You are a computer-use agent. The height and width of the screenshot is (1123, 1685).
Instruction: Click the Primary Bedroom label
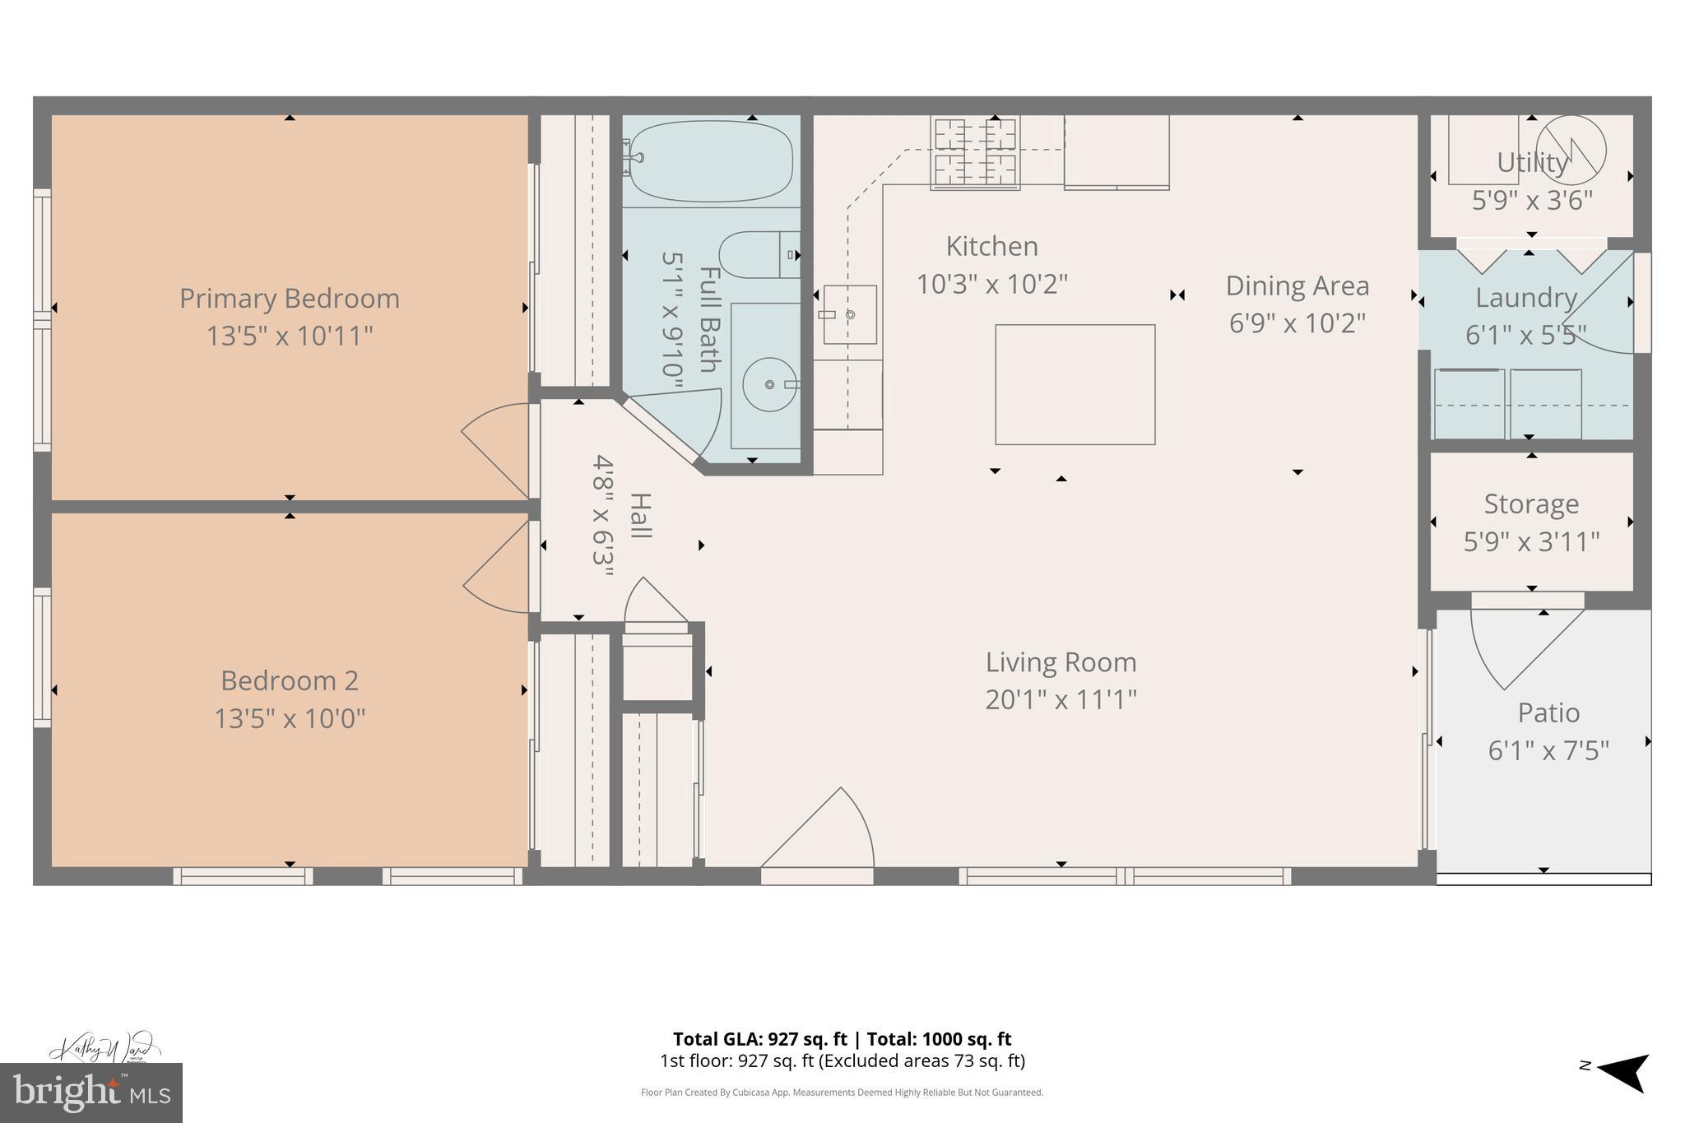(x=290, y=299)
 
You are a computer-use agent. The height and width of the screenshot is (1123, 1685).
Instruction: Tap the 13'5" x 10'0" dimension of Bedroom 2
(x=290, y=719)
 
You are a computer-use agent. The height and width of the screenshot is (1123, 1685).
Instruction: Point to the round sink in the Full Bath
(x=770, y=384)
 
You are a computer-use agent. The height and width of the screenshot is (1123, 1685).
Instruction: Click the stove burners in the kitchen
(x=975, y=152)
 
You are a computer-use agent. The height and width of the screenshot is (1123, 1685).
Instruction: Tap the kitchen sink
(x=849, y=314)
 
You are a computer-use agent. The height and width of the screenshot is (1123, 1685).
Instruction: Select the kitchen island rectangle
(x=1075, y=384)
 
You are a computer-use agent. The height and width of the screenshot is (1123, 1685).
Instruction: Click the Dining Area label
(x=1297, y=286)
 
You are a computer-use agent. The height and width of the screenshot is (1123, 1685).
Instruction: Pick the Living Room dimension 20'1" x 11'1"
(x=1061, y=700)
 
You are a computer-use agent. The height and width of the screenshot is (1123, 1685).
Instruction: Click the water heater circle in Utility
(x=1571, y=150)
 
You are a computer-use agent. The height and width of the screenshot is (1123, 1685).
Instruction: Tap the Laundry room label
(x=1525, y=298)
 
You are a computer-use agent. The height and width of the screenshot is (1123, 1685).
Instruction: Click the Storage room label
(x=1531, y=503)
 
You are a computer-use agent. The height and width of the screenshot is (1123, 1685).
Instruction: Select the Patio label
(x=1548, y=712)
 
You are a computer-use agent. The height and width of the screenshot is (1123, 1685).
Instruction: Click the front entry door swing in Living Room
(x=823, y=831)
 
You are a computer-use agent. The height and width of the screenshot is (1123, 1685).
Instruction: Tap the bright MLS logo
(x=91, y=1093)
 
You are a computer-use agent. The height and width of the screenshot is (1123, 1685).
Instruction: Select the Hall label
(x=640, y=516)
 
